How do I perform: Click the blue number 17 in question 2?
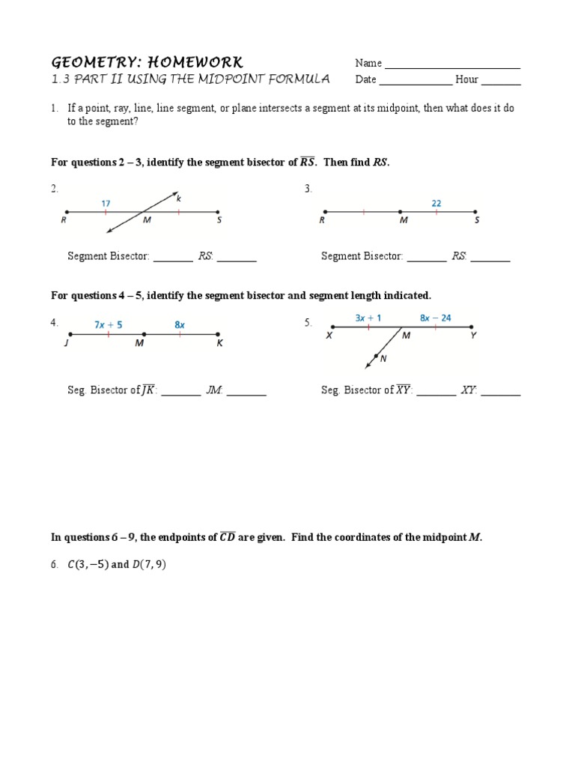click(106, 201)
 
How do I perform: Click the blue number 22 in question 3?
click(436, 202)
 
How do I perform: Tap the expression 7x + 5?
click(109, 325)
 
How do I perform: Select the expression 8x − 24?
click(435, 318)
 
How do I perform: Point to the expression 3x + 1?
click(368, 318)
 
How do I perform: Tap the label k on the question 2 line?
click(179, 198)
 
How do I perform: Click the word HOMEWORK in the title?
click(192, 61)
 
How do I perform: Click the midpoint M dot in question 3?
click(400, 211)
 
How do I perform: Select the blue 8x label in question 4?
click(180, 325)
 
